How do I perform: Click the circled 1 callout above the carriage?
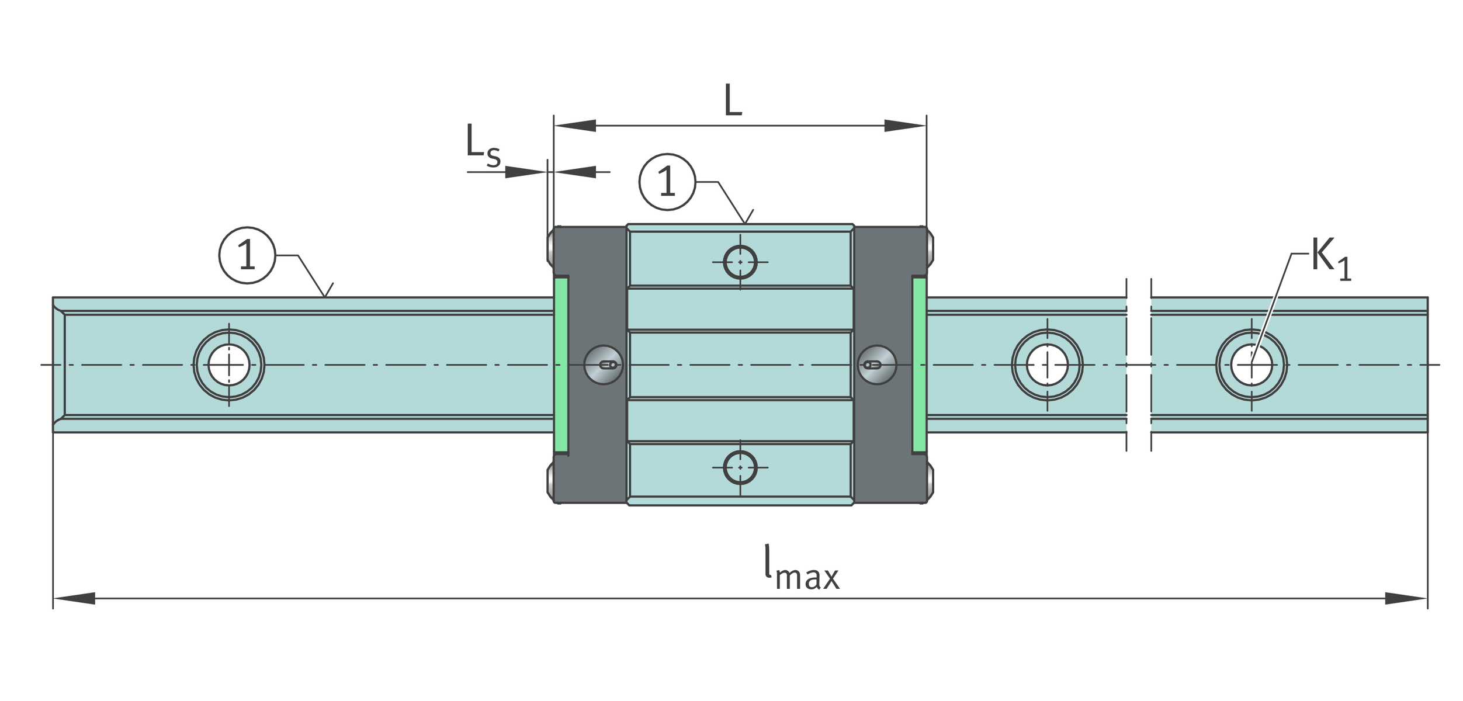pyautogui.click(x=667, y=182)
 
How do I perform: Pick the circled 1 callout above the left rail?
pyautogui.click(x=247, y=255)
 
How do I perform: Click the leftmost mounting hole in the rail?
pyautogui.click(x=229, y=365)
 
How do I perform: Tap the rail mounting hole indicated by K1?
pyautogui.click(x=1251, y=365)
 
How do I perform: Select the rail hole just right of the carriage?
pyautogui.click(x=1047, y=365)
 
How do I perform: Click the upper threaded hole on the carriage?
pyautogui.click(x=740, y=262)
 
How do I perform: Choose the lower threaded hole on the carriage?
pyautogui.click(x=740, y=467)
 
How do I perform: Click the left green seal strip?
pyautogui.click(x=561, y=365)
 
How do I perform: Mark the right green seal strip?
pyautogui.click(x=919, y=365)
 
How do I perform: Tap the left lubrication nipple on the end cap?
pyautogui.click(x=604, y=365)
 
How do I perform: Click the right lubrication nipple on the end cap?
pyautogui.click(x=877, y=365)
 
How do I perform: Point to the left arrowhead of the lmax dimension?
pyautogui.click(x=74, y=598)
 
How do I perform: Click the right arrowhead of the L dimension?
pyautogui.click(x=905, y=126)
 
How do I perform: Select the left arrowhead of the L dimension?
pyautogui.click(x=575, y=126)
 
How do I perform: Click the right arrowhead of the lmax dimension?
pyautogui.click(x=1406, y=598)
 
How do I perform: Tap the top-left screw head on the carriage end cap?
pyautogui.click(x=550, y=248)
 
